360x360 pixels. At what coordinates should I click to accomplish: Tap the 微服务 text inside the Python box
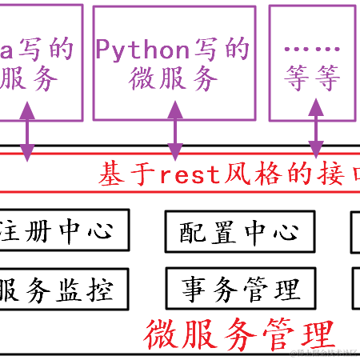pyautogui.click(x=173, y=78)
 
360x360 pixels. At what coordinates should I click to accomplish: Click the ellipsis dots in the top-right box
pyautogui.click(x=311, y=48)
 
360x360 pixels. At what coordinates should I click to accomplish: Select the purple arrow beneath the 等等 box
pyautogui.click(x=316, y=126)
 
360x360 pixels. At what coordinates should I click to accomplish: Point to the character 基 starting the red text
pyautogui.click(x=111, y=174)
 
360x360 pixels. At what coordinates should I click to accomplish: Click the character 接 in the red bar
pyautogui.click(x=329, y=174)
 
